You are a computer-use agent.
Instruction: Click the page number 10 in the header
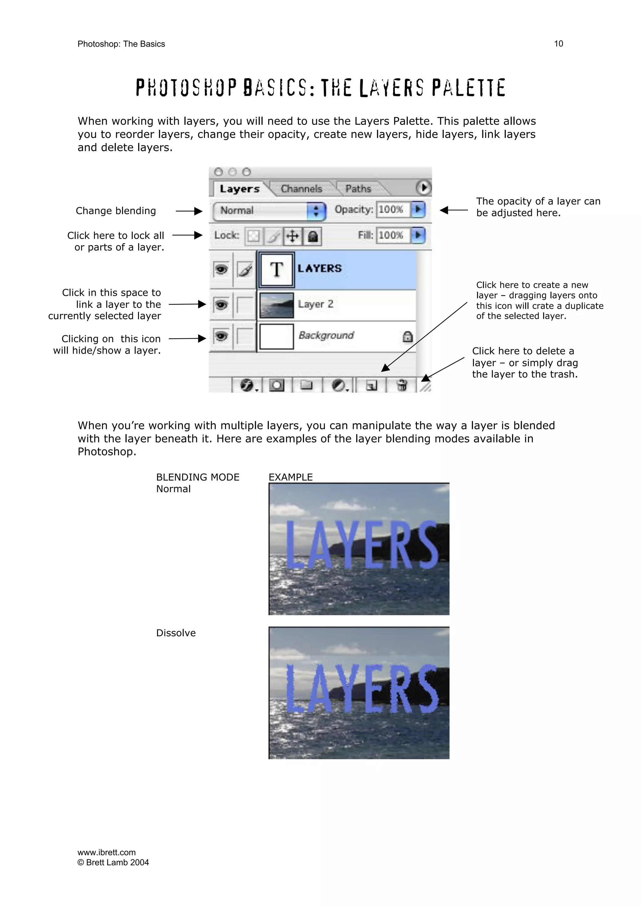(x=558, y=44)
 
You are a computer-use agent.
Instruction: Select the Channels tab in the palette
(x=301, y=189)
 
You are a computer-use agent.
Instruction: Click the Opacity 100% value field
(x=392, y=210)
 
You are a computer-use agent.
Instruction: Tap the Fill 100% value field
(x=392, y=235)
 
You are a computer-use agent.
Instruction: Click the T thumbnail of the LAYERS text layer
(x=276, y=270)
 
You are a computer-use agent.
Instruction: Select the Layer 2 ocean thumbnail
(x=276, y=305)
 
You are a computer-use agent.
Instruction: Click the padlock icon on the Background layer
(x=407, y=337)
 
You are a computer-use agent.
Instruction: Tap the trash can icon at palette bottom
(x=401, y=385)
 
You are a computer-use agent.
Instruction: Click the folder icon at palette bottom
(x=306, y=385)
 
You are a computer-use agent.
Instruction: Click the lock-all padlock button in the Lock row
(x=312, y=236)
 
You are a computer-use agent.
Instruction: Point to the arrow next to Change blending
(x=189, y=211)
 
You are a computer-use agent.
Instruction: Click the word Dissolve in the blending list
(x=176, y=633)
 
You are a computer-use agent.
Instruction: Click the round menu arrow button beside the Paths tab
(x=423, y=188)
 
